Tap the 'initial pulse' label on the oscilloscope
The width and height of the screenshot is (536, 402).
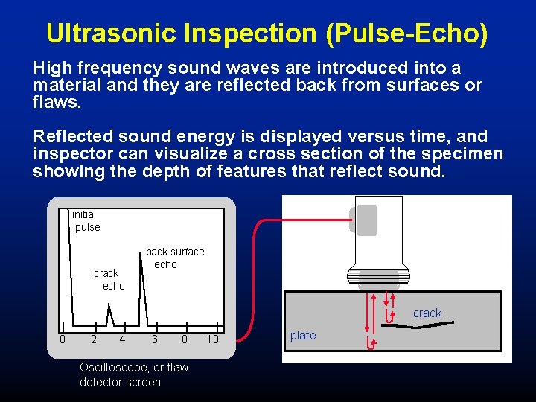tap(86, 221)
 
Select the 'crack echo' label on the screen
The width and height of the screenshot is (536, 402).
tap(109, 279)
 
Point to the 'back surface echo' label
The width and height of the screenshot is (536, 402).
tap(174, 258)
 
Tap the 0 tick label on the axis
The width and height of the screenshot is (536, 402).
tap(63, 339)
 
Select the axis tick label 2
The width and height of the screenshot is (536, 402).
tap(93, 339)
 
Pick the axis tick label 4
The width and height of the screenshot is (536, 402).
tap(123, 339)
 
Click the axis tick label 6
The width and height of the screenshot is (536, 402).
tap(155, 339)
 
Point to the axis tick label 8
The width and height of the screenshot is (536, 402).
tap(185, 339)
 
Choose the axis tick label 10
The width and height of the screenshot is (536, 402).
tap(213, 339)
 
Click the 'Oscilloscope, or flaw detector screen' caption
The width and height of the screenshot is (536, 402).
tap(134, 374)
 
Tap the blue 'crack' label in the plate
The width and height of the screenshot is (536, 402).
tap(427, 313)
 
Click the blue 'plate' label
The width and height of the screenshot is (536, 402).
tap(303, 336)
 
